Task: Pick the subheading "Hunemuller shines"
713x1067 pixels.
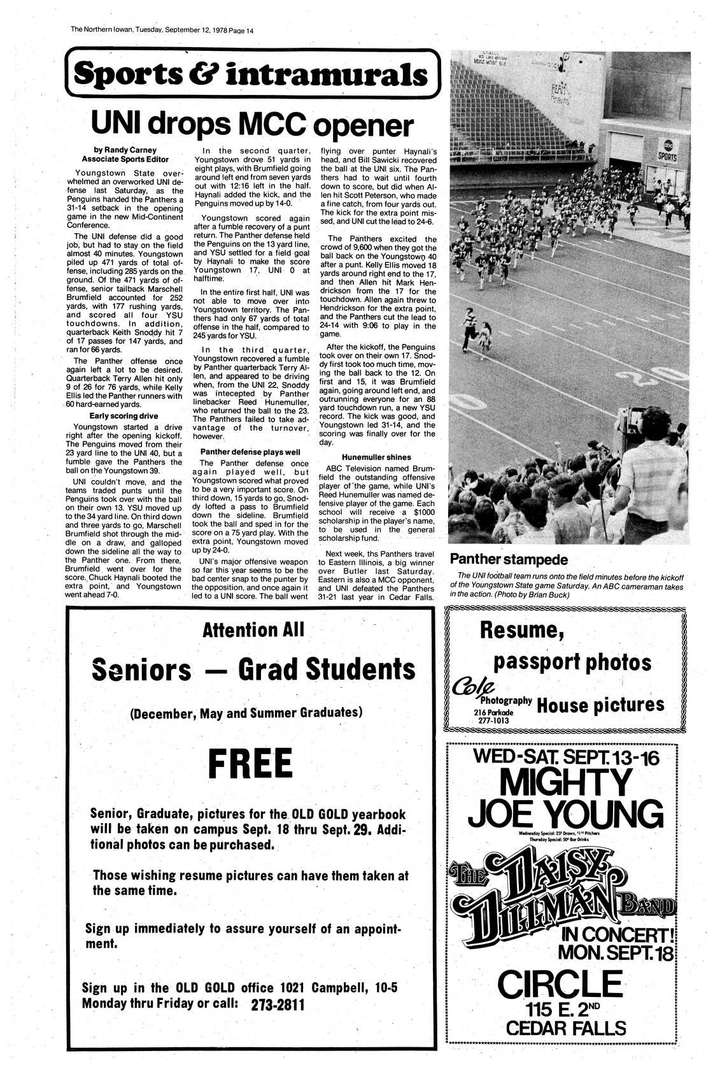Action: click(376, 457)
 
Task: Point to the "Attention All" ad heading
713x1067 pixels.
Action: click(253, 631)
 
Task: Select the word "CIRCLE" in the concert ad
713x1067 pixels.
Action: click(560, 984)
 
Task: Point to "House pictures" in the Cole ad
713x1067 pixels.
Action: click(600, 705)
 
